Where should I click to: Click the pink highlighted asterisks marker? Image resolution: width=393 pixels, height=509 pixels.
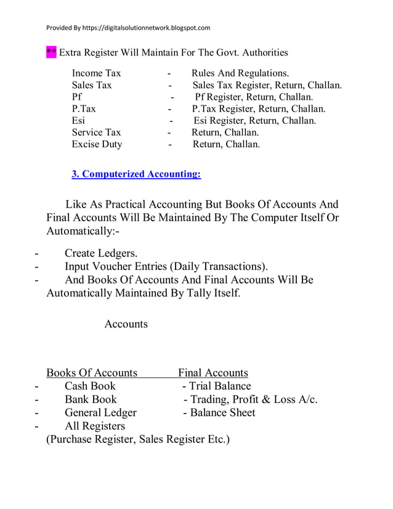pos(51,52)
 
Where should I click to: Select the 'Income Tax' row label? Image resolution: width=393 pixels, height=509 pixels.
pos(96,73)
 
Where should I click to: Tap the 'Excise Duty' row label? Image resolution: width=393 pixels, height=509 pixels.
pos(97,144)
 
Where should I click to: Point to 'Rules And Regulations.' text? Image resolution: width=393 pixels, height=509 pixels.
pos(240,73)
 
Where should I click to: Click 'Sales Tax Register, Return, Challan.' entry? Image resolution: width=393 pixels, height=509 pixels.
pos(267,85)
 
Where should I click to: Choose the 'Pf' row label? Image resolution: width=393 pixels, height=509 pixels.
pos(76,97)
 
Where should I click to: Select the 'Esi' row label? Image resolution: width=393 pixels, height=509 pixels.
pos(78,121)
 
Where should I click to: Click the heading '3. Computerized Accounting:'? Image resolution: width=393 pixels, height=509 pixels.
pos(136,174)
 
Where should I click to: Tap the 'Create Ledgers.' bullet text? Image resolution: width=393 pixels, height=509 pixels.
pos(101,253)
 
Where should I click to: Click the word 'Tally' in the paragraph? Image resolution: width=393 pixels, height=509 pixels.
pos(201,293)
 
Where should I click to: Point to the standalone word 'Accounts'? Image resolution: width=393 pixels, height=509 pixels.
pos(126,324)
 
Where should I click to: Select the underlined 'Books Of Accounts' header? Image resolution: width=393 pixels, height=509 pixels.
pos(92,373)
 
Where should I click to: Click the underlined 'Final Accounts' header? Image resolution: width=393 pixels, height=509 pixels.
pos(213,373)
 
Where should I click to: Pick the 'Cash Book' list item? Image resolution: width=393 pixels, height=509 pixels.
pos(90,386)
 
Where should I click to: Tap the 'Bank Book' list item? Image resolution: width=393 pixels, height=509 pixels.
pos(91,399)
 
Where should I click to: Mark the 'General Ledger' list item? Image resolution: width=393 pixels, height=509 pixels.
pos(100,413)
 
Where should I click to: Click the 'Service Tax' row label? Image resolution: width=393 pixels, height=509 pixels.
pos(96,132)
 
